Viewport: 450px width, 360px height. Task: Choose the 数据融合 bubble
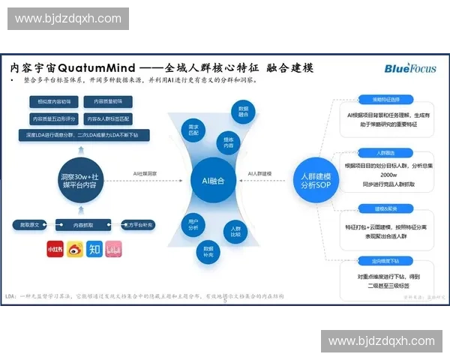[243, 111]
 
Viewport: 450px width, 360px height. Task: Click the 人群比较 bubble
[235, 229]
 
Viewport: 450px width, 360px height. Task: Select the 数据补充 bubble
[208, 248]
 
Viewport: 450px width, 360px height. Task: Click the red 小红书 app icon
[55, 247]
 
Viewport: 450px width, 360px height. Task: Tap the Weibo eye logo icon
[75, 247]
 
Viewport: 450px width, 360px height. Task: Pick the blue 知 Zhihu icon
[94, 247]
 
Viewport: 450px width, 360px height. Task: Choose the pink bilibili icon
[114, 247]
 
